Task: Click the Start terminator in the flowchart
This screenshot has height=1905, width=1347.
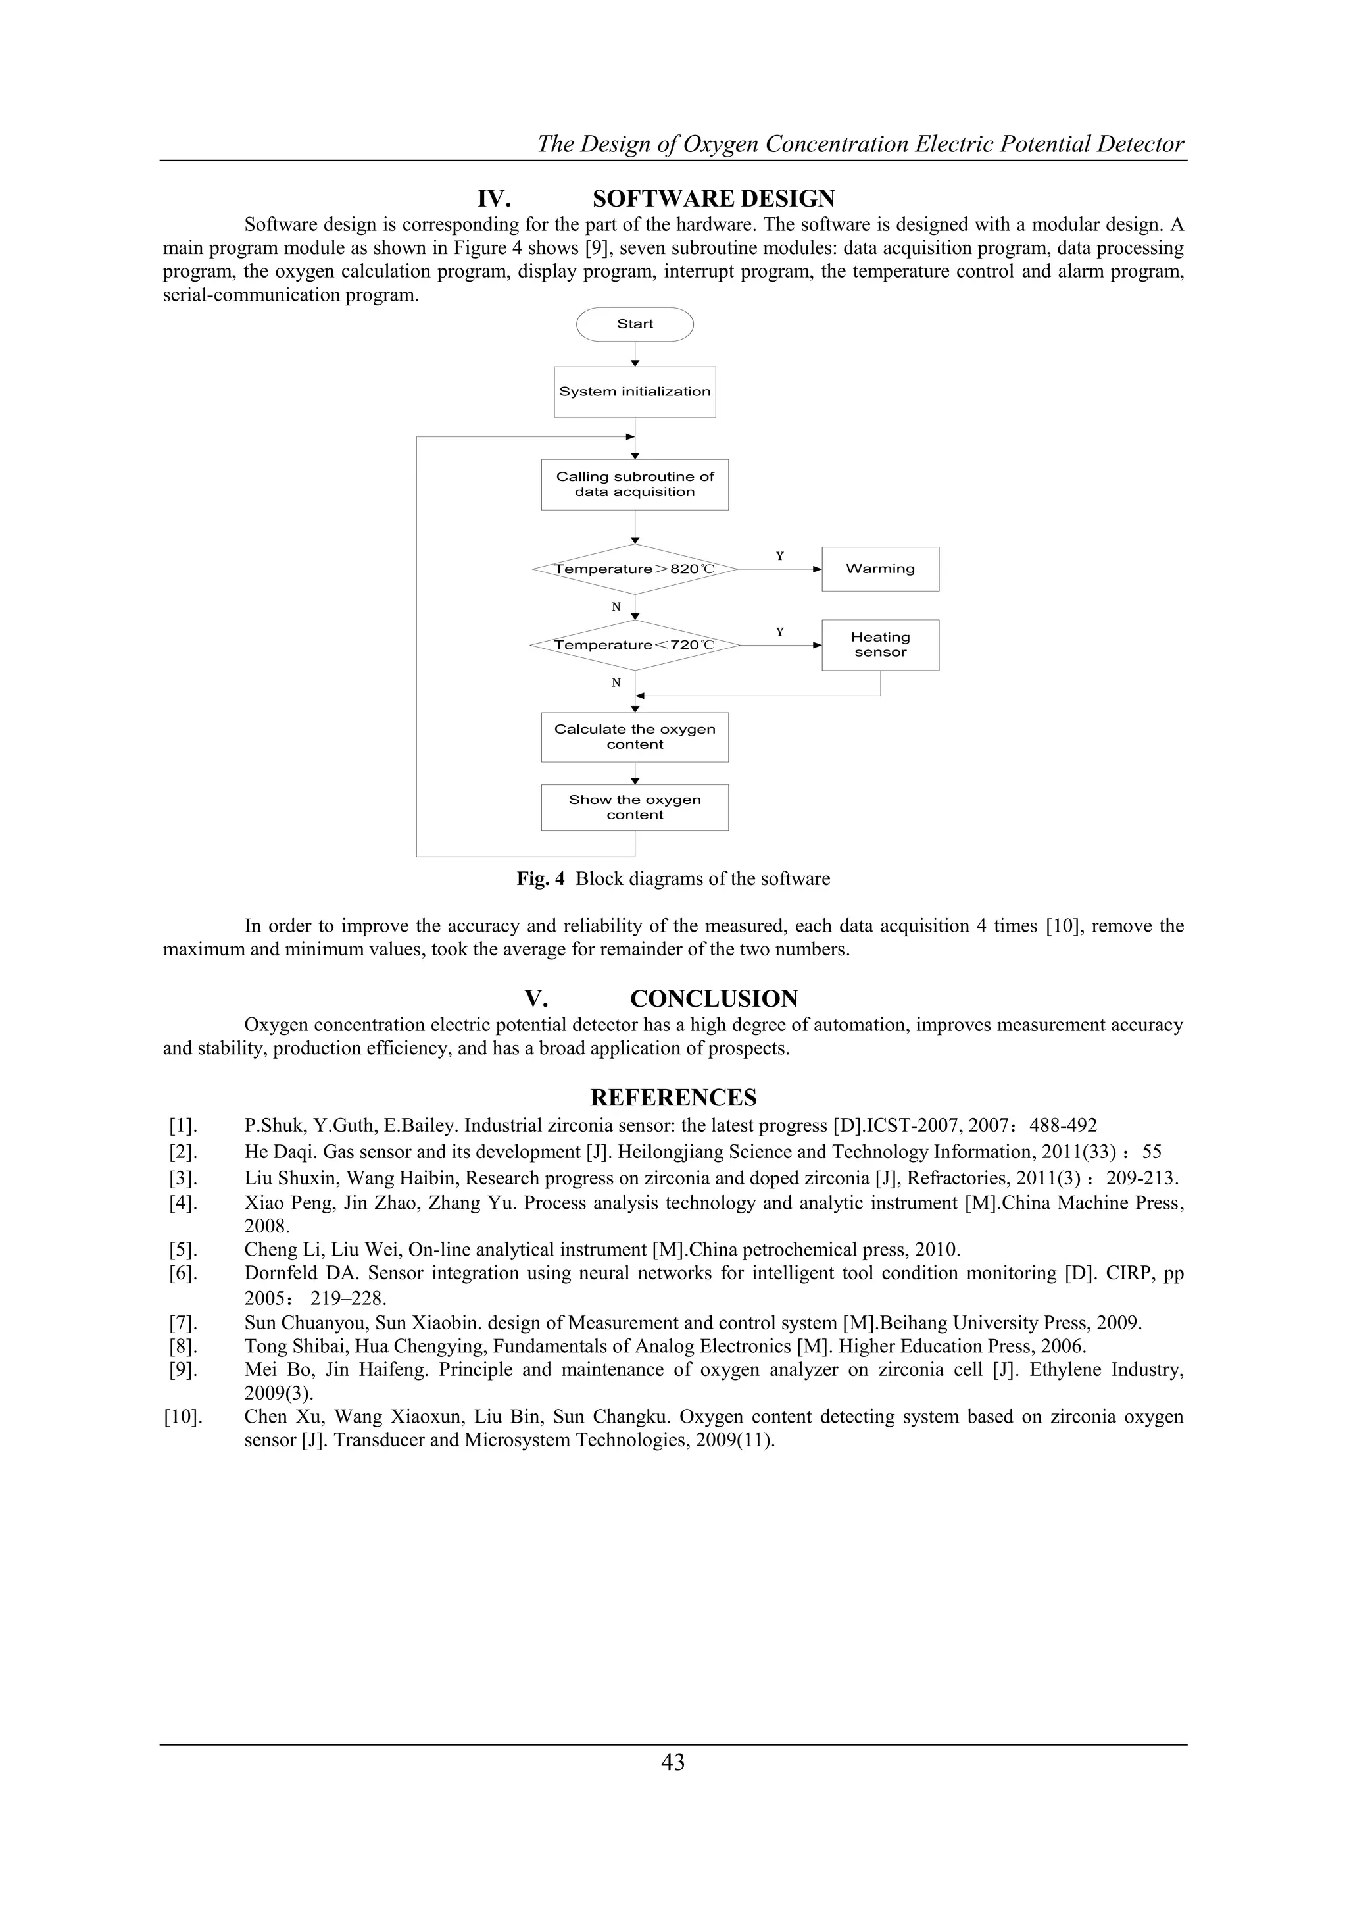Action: click(635, 324)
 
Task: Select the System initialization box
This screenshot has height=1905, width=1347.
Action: click(635, 392)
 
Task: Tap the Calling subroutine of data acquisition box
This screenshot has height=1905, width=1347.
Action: click(635, 484)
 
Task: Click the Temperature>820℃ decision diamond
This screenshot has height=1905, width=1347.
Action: click(635, 569)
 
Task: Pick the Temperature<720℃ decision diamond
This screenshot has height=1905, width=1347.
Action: click(635, 645)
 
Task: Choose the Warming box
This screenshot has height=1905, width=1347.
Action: click(880, 569)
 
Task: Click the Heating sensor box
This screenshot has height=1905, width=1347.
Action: click(880, 645)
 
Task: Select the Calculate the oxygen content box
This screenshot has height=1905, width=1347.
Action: click(635, 737)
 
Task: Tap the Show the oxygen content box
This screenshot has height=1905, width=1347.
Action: click(635, 807)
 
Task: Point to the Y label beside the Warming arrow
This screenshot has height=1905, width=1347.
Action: click(779, 556)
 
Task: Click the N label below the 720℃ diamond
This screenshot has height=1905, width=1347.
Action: click(616, 683)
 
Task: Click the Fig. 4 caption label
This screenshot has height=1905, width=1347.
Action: click(540, 880)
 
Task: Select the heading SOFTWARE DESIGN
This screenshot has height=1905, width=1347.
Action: click(714, 199)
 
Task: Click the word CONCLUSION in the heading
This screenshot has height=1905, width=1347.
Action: click(714, 999)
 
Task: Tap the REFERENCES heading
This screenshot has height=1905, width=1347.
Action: click(673, 1098)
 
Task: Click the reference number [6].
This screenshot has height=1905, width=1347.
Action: click(182, 1273)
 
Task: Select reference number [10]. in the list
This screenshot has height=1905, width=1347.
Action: click(182, 1417)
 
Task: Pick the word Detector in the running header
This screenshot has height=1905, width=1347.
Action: click(1140, 144)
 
